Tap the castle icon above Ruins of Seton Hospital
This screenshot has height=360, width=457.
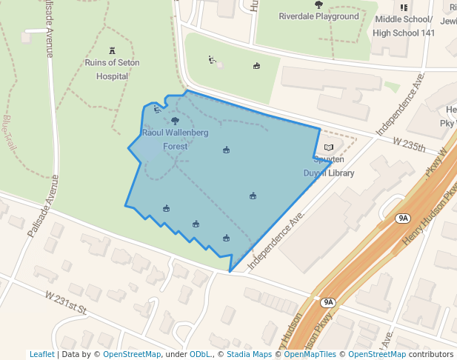click(113, 51)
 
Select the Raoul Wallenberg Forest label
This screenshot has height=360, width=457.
click(175, 139)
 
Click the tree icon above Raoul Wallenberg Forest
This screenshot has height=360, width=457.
click(175, 121)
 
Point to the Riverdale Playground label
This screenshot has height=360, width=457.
click(318, 16)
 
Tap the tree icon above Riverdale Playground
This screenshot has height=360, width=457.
click(318, 4)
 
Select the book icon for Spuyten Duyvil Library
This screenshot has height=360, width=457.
click(329, 147)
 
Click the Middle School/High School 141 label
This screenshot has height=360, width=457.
click(404, 26)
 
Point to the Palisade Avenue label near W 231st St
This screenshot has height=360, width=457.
click(41, 206)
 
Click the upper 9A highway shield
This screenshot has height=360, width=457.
click(403, 218)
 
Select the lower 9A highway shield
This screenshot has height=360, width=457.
click(328, 302)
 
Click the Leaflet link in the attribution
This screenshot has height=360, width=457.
click(41, 354)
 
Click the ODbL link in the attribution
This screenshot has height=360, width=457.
click(200, 354)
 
